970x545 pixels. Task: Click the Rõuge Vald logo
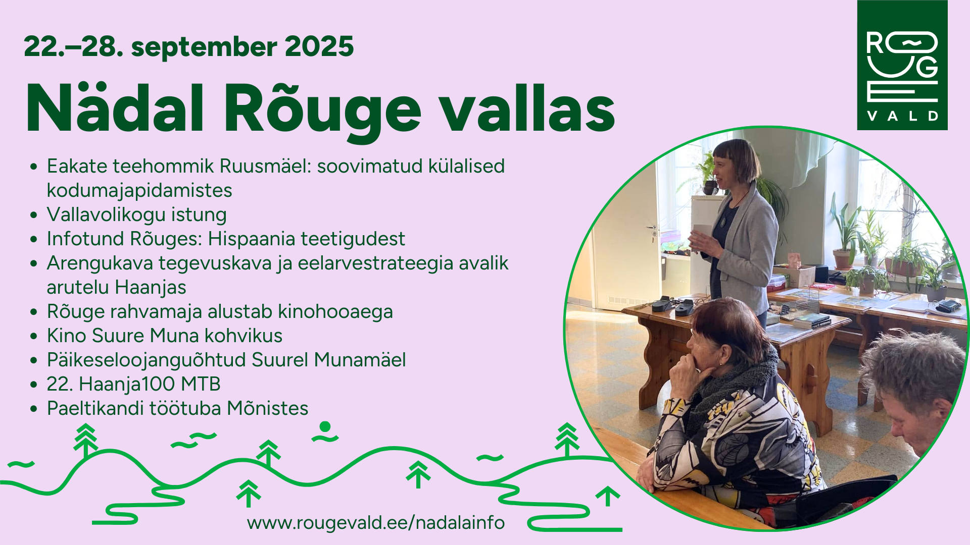pos(902,65)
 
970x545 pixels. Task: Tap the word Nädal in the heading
pos(115,108)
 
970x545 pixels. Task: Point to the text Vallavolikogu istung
pos(136,214)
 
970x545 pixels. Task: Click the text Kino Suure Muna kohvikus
pos(165,336)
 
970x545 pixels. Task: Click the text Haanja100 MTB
pos(150,384)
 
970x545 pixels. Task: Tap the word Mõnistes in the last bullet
pos(267,408)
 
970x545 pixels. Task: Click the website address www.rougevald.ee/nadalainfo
pos(376,523)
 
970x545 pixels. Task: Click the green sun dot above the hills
pos(325,427)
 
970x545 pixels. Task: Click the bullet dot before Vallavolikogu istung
pos(34,215)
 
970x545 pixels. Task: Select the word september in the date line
pos(204,47)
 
